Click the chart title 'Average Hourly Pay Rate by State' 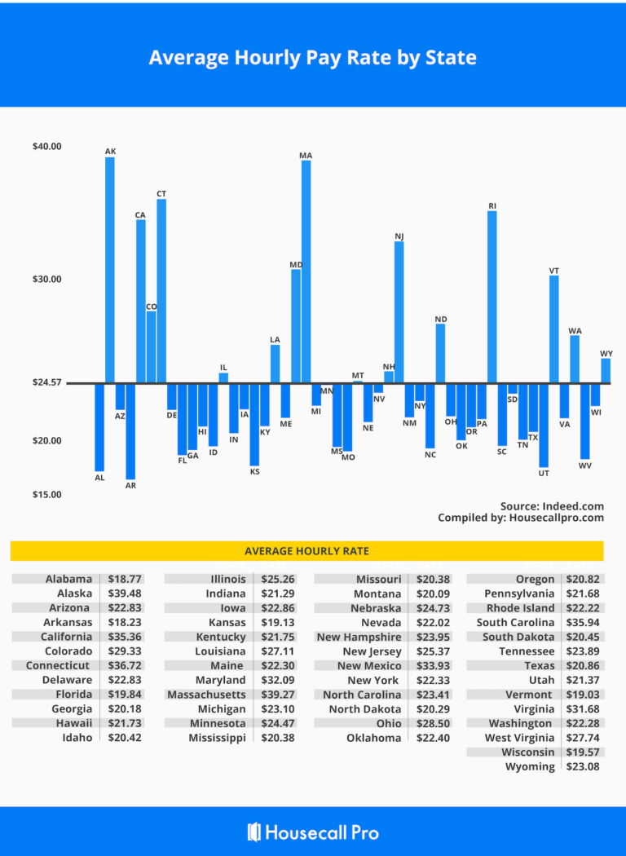(312, 58)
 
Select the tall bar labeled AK (110, 269)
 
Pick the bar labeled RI (492, 297)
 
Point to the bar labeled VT (554, 329)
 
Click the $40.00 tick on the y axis (46, 147)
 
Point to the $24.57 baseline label (46, 383)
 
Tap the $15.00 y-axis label (46, 495)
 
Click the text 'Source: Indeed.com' (552, 506)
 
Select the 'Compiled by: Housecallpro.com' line (521, 518)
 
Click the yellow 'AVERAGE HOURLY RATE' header (306, 551)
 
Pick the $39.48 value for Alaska (124, 593)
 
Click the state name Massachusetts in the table (206, 695)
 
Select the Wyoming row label (530, 766)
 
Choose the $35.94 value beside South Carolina (583, 623)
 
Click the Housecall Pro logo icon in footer (254, 832)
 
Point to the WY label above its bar (606, 354)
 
